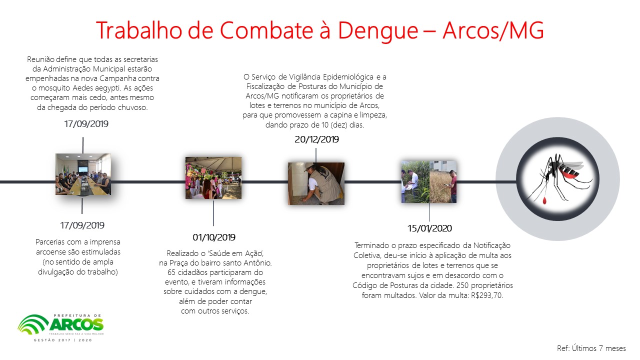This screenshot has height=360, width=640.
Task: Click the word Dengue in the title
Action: click(378, 31)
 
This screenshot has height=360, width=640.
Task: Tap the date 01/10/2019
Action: click(214, 237)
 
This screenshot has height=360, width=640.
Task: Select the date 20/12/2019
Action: click(316, 139)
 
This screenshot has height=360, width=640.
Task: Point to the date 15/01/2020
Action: click(429, 228)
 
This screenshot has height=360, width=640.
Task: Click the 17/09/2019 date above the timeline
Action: click(86, 124)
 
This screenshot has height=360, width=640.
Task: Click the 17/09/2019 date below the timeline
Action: click(82, 225)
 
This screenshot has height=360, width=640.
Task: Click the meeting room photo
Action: click(83, 174)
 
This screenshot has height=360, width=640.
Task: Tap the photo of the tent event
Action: click(213, 177)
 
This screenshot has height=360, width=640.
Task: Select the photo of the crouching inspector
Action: click(316, 183)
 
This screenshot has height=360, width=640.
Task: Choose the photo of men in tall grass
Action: click(429, 181)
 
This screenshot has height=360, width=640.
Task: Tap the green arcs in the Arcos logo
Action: click(33, 325)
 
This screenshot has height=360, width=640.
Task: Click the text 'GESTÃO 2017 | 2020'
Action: click(63, 340)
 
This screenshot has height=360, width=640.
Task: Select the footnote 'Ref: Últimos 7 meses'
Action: click(591, 348)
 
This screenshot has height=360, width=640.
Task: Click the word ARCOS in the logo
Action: click(77, 325)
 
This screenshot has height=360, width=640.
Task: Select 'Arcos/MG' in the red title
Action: click(493, 30)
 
